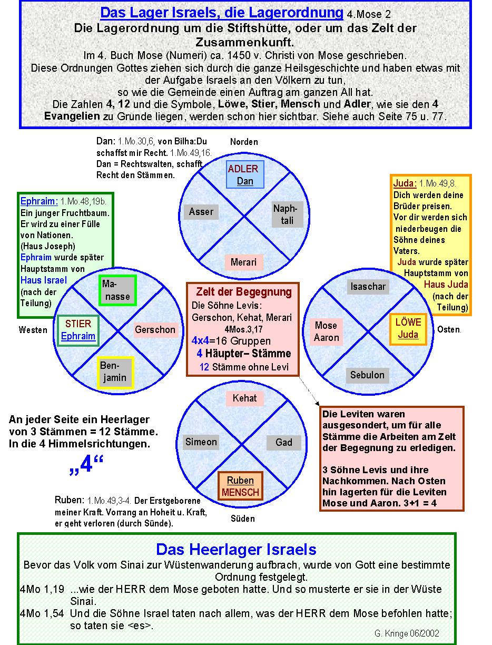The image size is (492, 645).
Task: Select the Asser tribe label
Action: pos(201,212)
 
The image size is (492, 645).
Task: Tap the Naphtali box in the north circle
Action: pos(285,214)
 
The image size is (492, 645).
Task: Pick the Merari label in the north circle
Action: pos(243,262)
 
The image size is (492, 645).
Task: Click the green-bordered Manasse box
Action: pos(117,290)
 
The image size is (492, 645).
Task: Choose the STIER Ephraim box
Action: pos(78,330)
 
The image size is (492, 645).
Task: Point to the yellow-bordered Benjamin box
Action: pos(115,372)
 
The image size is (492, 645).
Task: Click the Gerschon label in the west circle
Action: pos(155,330)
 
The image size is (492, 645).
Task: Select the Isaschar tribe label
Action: pos(368,287)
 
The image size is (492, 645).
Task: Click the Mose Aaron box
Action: pos(327,331)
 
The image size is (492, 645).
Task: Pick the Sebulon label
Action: pos(368,375)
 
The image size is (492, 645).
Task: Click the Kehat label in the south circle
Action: pos(244,398)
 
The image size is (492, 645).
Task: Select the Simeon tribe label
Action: pos(201,442)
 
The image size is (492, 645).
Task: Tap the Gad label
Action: pos(284,442)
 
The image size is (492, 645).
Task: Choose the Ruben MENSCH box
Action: pos(240,486)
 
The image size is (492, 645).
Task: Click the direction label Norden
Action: pos(244,142)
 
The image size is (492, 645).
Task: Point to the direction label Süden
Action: pos(243,519)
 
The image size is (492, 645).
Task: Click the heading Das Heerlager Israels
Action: pos(236,550)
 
